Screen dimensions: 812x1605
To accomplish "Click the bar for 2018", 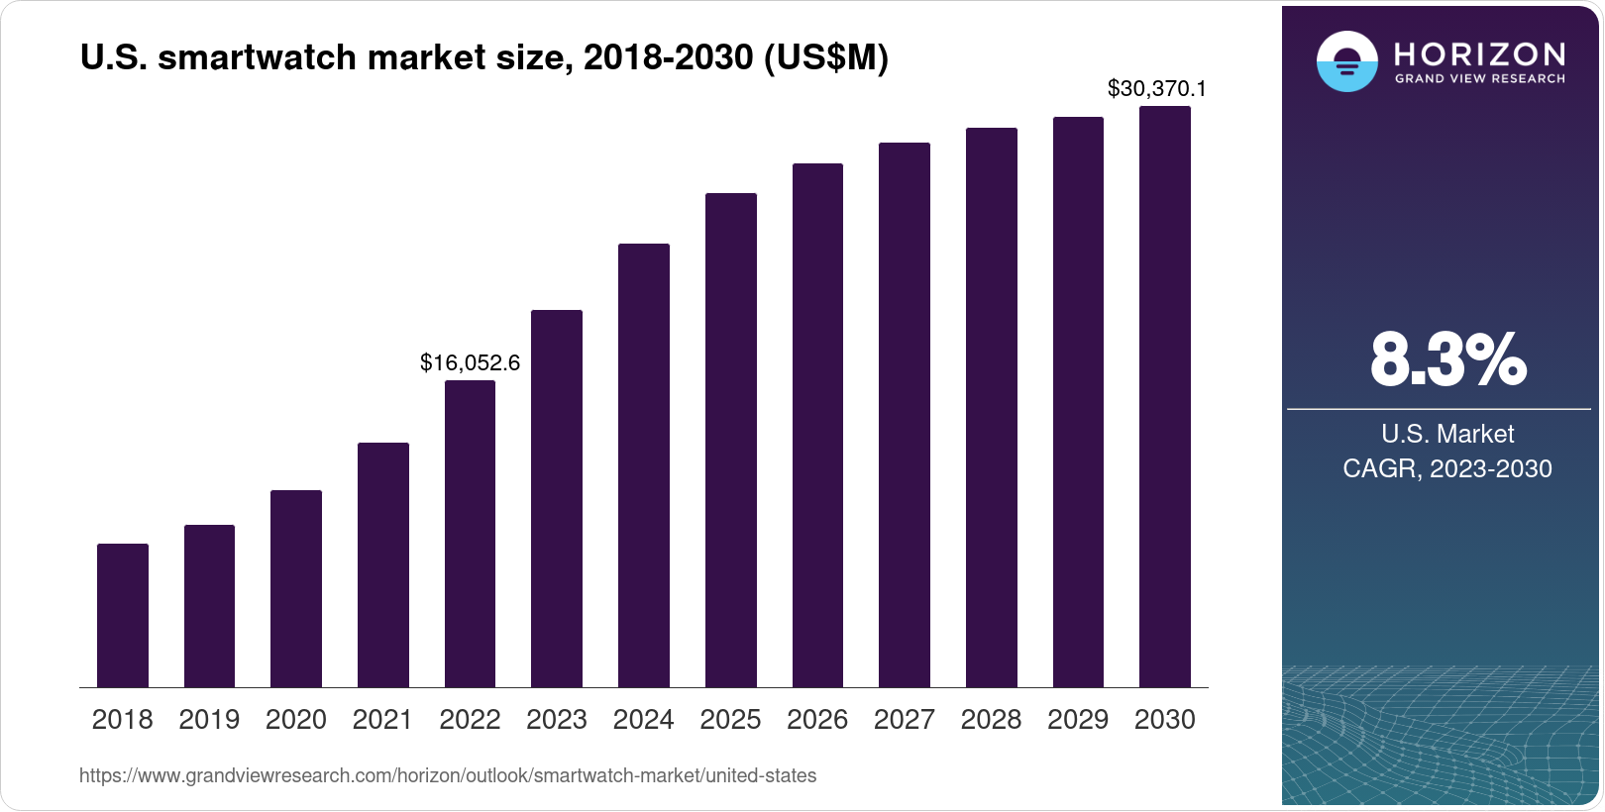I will pos(123,615).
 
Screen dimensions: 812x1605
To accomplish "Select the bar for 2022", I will pos(470,534).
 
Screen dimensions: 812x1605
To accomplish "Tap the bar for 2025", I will pos(730,440).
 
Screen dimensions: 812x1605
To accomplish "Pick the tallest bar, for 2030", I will pos(1165,396).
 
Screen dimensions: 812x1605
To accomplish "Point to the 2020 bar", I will pos(296,588).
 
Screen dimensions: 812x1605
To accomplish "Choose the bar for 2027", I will pos(904,415).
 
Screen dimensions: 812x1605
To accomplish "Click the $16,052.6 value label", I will pos(470,363).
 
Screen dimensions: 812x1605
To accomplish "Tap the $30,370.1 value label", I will pos(1156,89).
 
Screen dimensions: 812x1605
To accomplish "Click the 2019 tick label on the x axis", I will pos(209,720).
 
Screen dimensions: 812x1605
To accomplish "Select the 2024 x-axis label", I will pos(643,720).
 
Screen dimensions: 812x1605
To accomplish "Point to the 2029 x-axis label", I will pos(1078,720).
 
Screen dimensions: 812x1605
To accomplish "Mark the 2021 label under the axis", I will pos(382,720).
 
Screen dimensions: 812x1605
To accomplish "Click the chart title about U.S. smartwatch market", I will pos(483,58).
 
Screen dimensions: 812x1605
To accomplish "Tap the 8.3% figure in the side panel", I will pos(1447,359).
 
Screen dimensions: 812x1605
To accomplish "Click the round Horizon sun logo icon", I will pos(1346,61).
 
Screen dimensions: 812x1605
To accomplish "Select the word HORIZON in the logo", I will pos(1479,53).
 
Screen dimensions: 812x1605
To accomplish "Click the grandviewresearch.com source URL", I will pos(448,776).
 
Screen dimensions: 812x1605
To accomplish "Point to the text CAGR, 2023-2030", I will pos(1446,468).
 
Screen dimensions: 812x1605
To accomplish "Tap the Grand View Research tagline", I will pos(1479,79).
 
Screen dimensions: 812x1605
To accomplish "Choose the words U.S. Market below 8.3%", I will pos(1447,434).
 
